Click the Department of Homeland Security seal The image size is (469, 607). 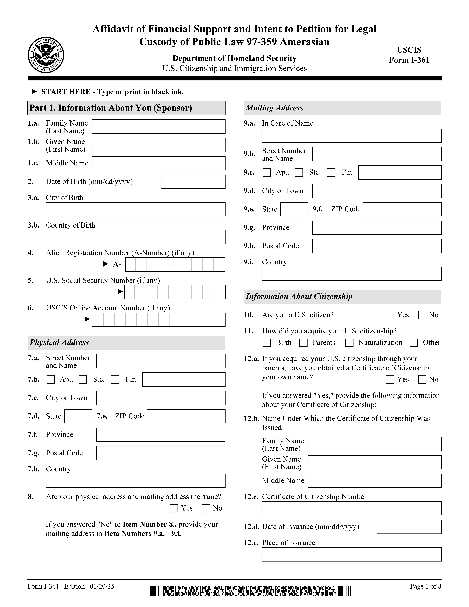coord(46,55)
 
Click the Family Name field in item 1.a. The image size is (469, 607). coord(158,126)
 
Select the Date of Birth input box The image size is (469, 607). coord(193,182)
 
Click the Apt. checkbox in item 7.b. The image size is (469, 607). coord(51,380)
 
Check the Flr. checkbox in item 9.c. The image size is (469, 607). coord(331,173)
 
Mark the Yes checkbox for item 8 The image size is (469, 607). coord(174,508)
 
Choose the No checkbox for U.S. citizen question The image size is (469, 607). coord(422,315)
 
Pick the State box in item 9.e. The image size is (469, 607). coord(294,209)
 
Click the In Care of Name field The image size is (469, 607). coord(351,136)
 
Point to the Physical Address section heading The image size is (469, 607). coord(59,342)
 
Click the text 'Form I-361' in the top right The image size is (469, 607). coord(409,60)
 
